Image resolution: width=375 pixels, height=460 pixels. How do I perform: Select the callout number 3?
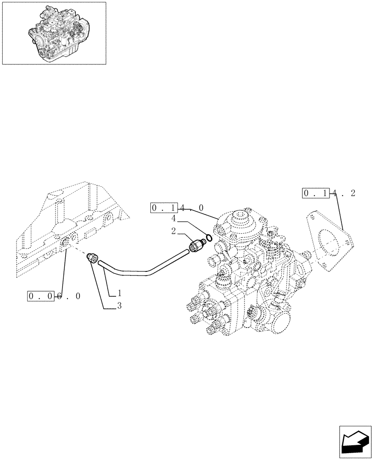tap(119, 305)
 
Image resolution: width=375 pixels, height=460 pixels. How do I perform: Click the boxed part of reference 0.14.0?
tap(164, 209)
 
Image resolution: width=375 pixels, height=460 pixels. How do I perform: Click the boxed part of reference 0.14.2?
tap(315, 194)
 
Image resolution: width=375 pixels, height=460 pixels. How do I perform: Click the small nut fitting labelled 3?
tap(91, 259)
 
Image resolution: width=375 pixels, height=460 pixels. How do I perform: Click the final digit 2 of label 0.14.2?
tap(352, 194)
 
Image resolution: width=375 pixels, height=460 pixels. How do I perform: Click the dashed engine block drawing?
tap(69, 225)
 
